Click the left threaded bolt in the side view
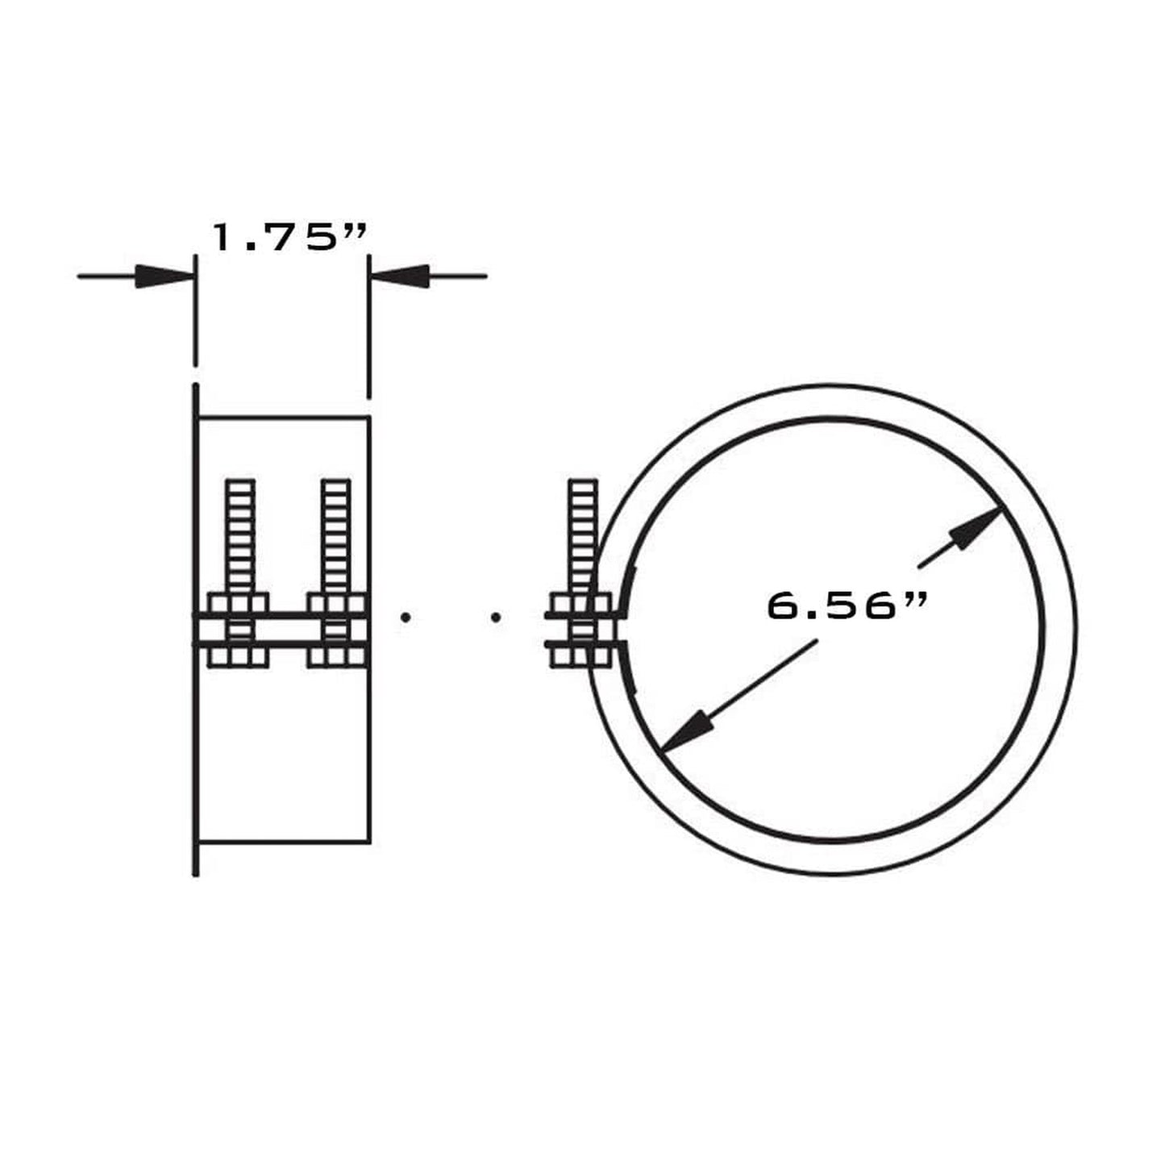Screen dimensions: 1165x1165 240,536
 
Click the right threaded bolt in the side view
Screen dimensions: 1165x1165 335,536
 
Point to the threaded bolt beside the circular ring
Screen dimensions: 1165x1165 582,536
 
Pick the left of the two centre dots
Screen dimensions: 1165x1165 406,618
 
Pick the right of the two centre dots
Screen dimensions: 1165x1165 496,618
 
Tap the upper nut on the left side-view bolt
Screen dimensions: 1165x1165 238,603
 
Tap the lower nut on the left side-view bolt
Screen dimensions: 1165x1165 238,656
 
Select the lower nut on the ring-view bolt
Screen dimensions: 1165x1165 579,656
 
